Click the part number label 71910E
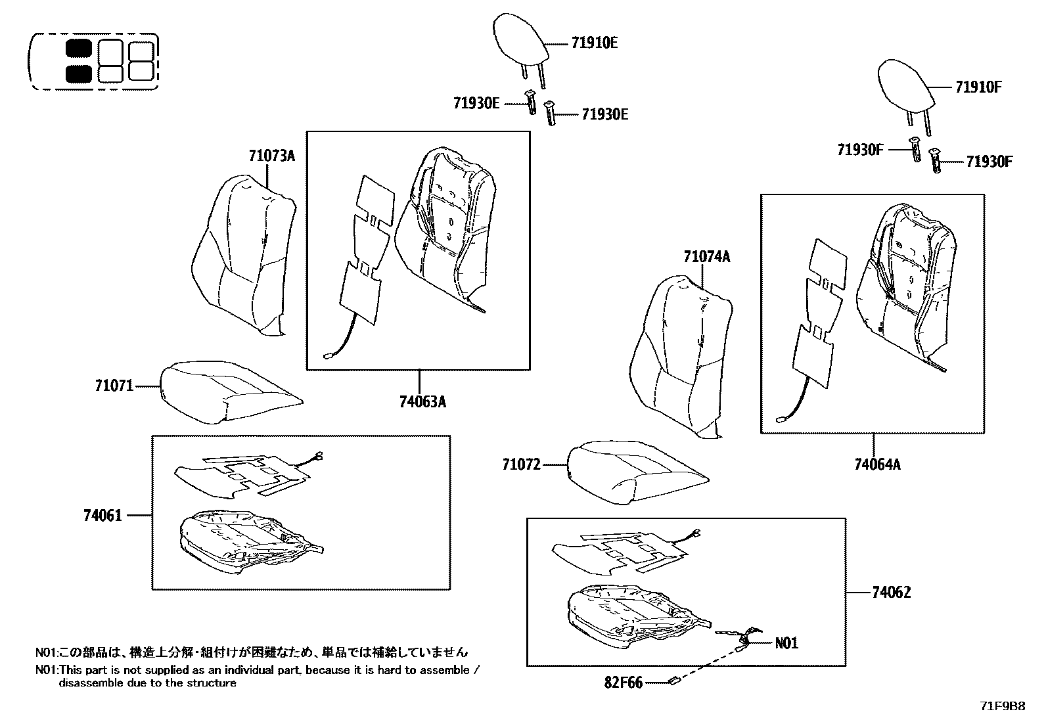pyautogui.click(x=595, y=43)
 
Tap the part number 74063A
pyautogui.click(x=422, y=402)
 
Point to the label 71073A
pyautogui.click(x=272, y=156)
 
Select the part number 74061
pyautogui.click(x=102, y=516)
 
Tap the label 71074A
pyautogui.click(x=706, y=257)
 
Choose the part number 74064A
pyautogui.click(x=877, y=465)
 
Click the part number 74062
pyautogui.click(x=891, y=593)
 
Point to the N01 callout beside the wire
pyautogui.click(x=786, y=643)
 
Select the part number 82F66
pyautogui.click(x=624, y=683)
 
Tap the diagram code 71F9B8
pyautogui.click(x=1002, y=706)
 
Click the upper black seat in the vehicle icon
pyautogui.click(x=79, y=49)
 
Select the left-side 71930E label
pyautogui.click(x=476, y=102)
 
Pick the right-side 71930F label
pyautogui.click(x=989, y=162)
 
